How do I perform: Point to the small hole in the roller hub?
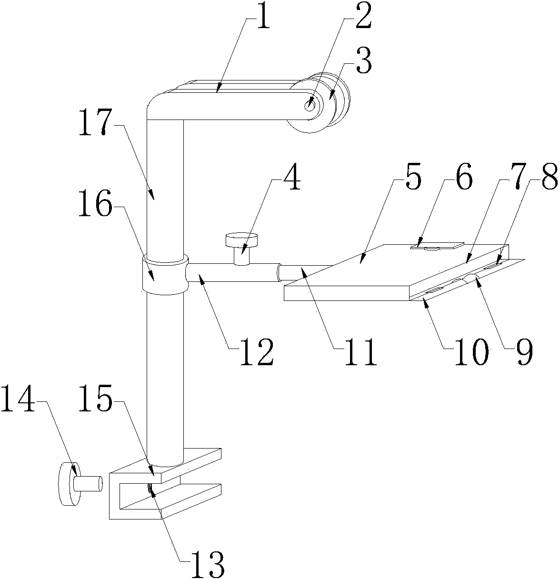point(310,103)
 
